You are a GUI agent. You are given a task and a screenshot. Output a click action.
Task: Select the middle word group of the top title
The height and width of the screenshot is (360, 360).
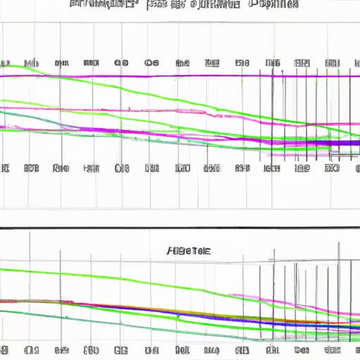[175, 5]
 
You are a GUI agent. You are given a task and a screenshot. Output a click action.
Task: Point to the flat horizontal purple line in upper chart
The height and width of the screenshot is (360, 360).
[176, 75]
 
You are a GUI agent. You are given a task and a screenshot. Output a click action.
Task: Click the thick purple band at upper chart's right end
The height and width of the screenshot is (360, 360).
[337, 143]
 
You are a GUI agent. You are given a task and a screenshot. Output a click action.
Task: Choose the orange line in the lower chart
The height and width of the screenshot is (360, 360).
[176, 307]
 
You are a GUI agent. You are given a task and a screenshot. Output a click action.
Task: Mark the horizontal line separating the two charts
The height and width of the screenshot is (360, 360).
[180, 228]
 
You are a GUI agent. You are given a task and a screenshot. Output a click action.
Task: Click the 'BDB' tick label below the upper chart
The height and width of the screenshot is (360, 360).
[32, 169]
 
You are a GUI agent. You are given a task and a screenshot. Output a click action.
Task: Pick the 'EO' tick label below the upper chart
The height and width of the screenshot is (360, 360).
[61, 169]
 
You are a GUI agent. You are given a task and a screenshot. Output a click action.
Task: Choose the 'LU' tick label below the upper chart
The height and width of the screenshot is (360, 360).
[91, 169]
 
